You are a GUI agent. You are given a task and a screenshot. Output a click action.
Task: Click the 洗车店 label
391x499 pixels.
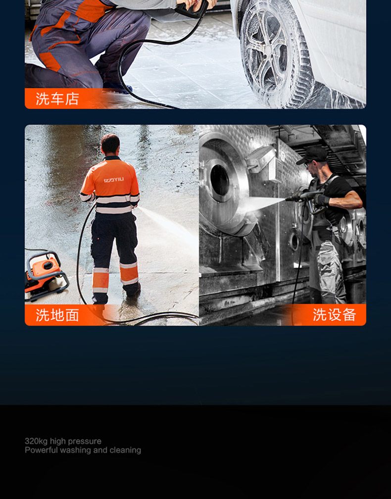(x=57, y=99)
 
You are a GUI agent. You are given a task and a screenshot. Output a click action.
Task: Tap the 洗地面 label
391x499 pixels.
(x=57, y=315)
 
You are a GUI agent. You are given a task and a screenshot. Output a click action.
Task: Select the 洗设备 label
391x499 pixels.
(x=334, y=315)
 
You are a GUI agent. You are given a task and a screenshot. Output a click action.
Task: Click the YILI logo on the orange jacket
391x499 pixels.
(x=113, y=180)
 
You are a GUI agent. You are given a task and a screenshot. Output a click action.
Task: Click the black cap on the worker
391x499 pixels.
(x=313, y=155)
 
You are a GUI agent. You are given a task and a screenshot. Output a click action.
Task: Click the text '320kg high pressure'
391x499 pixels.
(x=63, y=441)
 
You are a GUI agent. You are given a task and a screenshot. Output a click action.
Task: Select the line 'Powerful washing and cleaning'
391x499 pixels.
(x=83, y=450)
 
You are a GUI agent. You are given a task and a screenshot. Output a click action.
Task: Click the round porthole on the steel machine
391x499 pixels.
(x=220, y=180)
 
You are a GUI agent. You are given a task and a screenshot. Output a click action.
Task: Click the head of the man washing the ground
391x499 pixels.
(x=110, y=145)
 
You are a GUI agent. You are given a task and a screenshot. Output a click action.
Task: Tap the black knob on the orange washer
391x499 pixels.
(x=49, y=265)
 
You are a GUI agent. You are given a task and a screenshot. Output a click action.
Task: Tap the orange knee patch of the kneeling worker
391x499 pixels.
(x=50, y=61)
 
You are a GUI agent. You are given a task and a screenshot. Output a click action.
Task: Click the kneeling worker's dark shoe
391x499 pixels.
(x=117, y=87)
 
